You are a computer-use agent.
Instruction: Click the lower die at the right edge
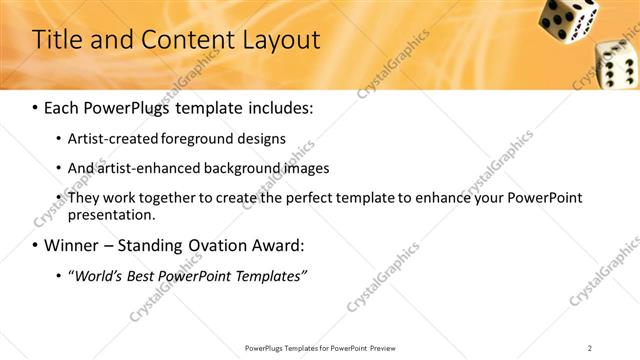[616, 64]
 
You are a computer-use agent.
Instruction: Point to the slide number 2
[590, 347]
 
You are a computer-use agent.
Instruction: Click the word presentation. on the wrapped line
[111, 214]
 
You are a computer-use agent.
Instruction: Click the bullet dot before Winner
[36, 246]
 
